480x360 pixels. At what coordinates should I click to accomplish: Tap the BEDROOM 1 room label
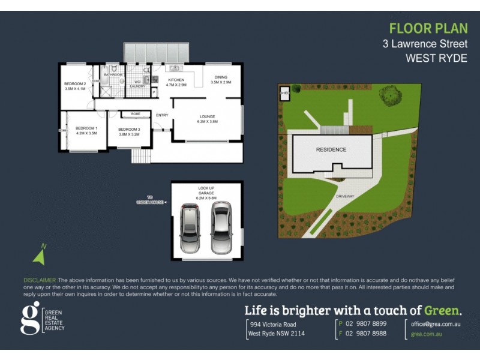pos(86,131)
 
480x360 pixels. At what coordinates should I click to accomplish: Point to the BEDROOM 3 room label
pos(129,132)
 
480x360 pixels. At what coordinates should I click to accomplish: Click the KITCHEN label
pos(176,82)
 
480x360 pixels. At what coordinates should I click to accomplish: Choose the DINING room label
pos(221,79)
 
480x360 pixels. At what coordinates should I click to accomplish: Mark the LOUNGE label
pos(207,118)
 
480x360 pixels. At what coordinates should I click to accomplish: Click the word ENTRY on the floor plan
pos(162,115)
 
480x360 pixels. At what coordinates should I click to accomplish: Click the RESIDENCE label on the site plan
pos(331,149)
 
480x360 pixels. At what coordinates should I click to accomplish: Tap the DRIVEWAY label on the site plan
pos(345,196)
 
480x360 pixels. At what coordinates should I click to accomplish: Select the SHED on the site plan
pos(284,94)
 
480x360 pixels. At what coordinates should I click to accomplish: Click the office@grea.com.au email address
pos(436,323)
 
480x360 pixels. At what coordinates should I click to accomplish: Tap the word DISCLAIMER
pos(40,280)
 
